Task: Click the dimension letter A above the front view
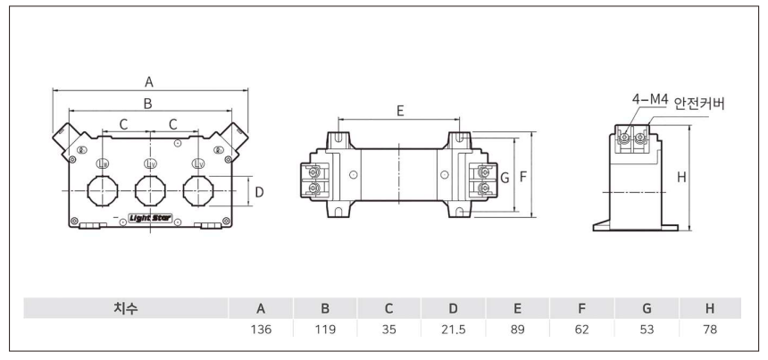pyautogui.click(x=149, y=81)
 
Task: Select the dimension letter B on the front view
pyautogui.click(x=149, y=104)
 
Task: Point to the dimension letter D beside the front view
pyautogui.click(x=259, y=191)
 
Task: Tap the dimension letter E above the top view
pyautogui.click(x=400, y=111)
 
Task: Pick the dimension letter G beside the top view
pyautogui.click(x=505, y=177)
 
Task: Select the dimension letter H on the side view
pyautogui.click(x=681, y=178)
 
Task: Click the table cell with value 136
pyautogui.click(x=261, y=330)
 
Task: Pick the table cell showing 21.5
pyautogui.click(x=454, y=330)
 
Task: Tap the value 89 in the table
pyautogui.click(x=518, y=330)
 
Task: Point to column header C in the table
pyautogui.click(x=389, y=308)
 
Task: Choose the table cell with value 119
pyautogui.click(x=325, y=330)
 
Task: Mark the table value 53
pyautogui.click(x=647, y=330)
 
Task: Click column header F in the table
pyautogui.click(x=582, y=308)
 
